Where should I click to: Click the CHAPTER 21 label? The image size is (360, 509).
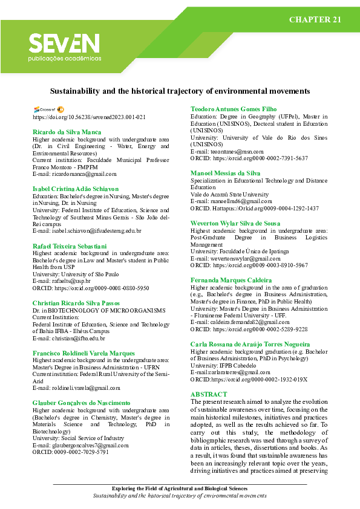(x=315, y=20)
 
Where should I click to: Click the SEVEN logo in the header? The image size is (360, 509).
(x=64, y=44)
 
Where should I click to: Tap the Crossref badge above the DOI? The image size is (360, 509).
(x=44, y=109)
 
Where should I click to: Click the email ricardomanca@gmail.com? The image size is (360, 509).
(x=74, y=174)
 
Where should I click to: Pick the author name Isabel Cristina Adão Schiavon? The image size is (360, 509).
(x=76, y=189)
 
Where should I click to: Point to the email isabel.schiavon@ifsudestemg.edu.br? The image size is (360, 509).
(x=87, y=231)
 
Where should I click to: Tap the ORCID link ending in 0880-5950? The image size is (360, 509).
(x=90, y=288)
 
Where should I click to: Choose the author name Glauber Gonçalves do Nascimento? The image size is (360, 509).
(x=82, y=403)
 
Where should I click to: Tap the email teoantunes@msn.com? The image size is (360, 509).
(x=227, y=152)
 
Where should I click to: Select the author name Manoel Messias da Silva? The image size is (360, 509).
(x=225, y=173)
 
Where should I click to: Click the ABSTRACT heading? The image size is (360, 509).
(x=209, y=394)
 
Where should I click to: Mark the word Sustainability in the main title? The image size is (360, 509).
(x=74, y=91)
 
